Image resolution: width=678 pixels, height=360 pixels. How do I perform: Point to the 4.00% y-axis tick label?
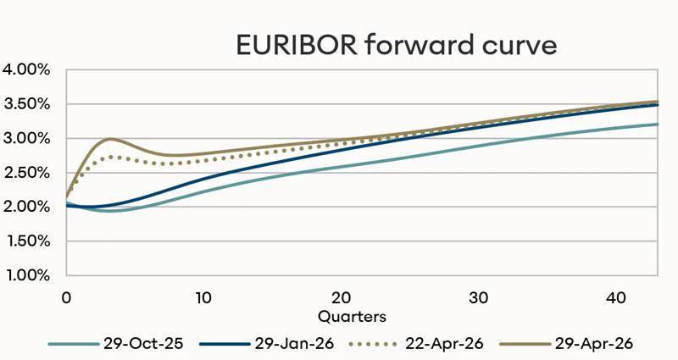(28, 69)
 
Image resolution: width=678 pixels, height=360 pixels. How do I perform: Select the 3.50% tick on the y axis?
(28, 104)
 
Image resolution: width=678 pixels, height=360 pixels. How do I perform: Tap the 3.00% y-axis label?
(28, 138)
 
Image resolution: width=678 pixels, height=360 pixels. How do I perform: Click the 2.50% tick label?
(28, 173)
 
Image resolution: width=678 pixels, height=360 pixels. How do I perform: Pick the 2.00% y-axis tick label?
(28, 207)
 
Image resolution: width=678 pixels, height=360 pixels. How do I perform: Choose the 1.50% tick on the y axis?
(28, 241)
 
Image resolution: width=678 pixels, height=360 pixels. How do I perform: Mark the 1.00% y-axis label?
(28, 275)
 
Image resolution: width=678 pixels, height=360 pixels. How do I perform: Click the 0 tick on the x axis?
(66, 298)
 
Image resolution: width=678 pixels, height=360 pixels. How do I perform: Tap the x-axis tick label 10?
(203, 298)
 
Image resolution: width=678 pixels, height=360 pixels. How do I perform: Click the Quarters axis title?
(353, 316)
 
